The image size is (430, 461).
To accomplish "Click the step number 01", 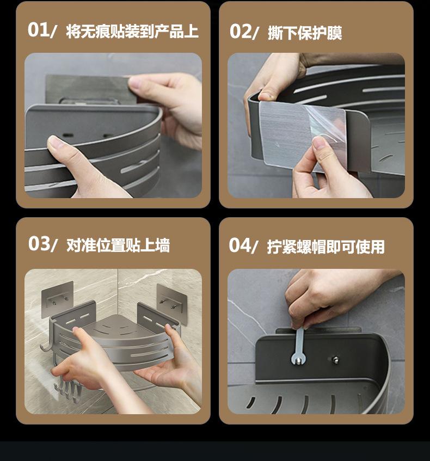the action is pyautogui.click(x=39, y=30).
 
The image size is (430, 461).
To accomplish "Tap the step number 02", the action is pyautogui.click(x=241, y=32).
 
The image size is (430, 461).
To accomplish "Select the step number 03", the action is pyautogui.click(x=39, y=244).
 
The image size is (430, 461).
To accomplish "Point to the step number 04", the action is pyautogui.click(x=240, y=245).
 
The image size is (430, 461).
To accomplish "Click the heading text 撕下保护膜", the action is pyautogui.click(x=305, y=33).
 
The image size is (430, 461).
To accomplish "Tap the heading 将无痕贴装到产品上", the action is pyautogui.click(x=132, y=31).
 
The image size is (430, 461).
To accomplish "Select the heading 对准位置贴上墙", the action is pyautogui.click(x=118, y=245).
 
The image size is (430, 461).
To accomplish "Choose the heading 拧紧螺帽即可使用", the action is pyautogui.click(x=325, y=247).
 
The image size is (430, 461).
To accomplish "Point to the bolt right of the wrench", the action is pyautogui.click(x=334, y=360).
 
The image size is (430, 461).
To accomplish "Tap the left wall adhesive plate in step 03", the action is pyautogui.click(x=58, y=299).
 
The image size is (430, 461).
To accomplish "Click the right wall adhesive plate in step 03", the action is pyautogui.click(x=172, y=304).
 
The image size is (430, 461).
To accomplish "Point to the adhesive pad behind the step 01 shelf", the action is pyautogui.click(x=88, y=89).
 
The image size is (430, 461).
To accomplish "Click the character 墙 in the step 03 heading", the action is pyautogui.click(x=163, y=245).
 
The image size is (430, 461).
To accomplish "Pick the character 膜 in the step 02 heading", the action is pyautogui.click(x=335, y=33).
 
